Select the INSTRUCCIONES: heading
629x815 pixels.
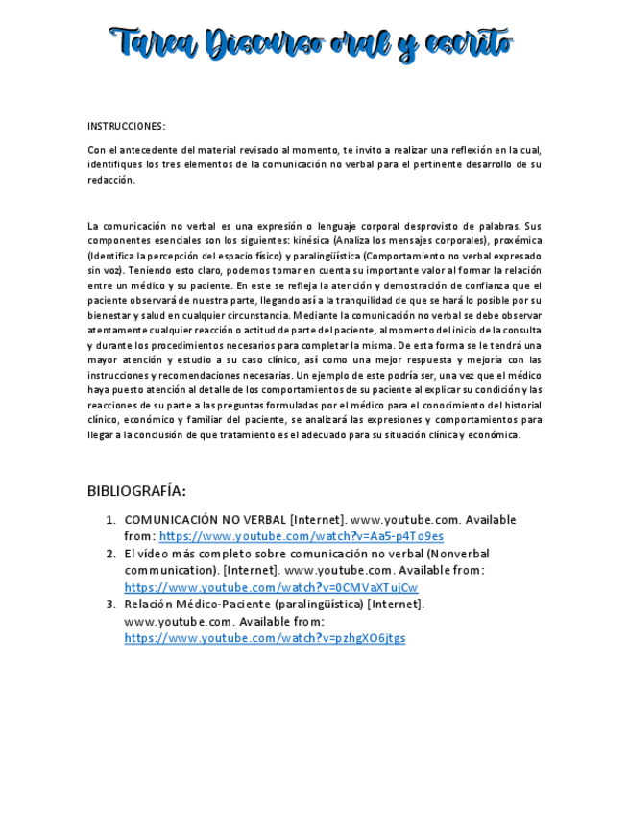126,126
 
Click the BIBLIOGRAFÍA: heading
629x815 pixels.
136,491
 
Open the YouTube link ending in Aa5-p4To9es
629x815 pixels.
301,536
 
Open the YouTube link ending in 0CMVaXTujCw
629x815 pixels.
271,587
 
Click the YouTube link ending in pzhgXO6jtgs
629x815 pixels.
265,638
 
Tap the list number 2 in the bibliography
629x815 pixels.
110,554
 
